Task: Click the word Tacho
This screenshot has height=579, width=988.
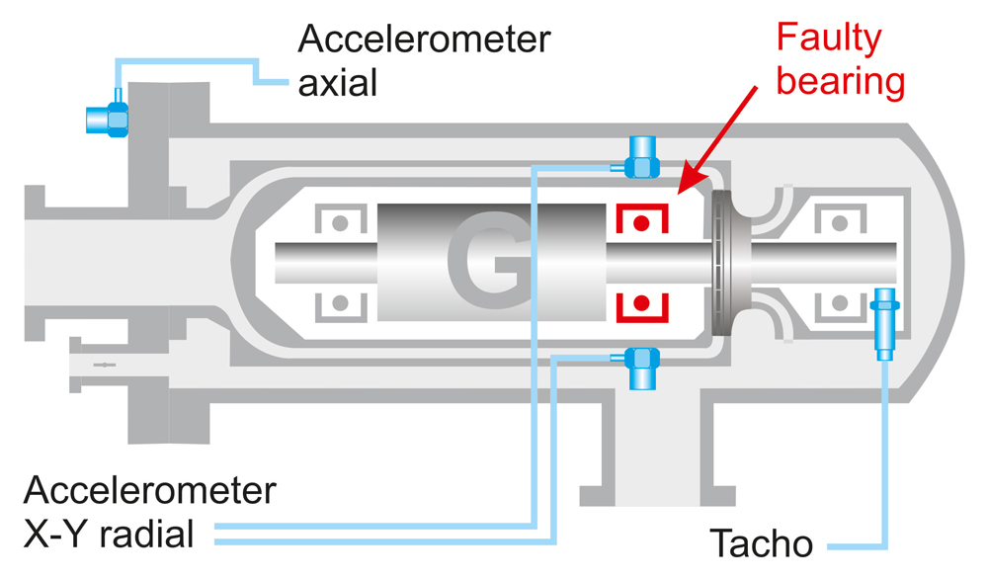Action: click(761, 542)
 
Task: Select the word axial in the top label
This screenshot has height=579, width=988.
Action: click(338, 82)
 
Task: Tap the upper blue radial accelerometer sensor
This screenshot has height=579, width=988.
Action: click(643, 160)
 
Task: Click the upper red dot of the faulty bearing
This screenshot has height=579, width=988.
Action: click(642, 223)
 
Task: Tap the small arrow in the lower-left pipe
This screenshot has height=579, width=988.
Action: click(104, 366)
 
